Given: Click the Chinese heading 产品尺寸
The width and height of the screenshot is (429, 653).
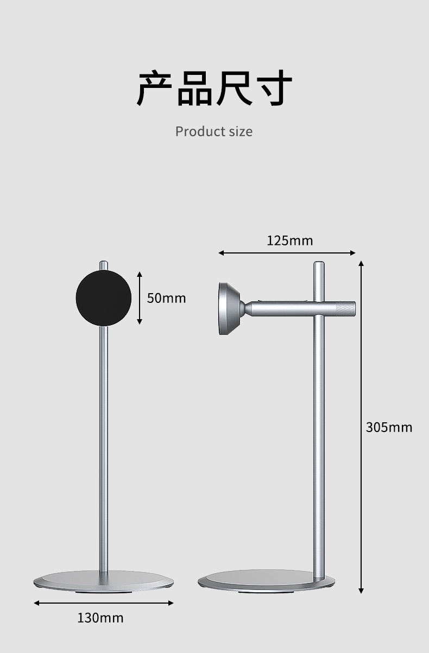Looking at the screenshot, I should tap(214, 88).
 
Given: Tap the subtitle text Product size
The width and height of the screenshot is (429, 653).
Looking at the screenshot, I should tap(214, 131).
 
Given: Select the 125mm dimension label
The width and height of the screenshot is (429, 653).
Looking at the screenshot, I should tap(289, 240).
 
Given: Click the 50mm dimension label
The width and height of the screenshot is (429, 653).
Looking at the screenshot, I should tap(166, 298).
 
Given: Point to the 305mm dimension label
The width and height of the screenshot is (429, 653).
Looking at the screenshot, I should tap(389, 427).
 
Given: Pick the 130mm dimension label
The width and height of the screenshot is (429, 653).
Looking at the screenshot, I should tap(100, 618).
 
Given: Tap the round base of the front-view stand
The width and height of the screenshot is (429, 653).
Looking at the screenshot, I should tap(104, 581).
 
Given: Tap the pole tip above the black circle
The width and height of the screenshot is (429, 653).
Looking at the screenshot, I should tap(104, 265).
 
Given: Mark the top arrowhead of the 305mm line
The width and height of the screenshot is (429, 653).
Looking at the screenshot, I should tap(361, 263).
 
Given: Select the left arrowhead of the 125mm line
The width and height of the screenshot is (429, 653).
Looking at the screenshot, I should tap(221, 253).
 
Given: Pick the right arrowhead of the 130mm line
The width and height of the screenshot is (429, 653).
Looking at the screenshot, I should tap(171, 603).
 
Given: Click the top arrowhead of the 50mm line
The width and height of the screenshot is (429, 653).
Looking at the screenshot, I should tap(140, 275).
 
